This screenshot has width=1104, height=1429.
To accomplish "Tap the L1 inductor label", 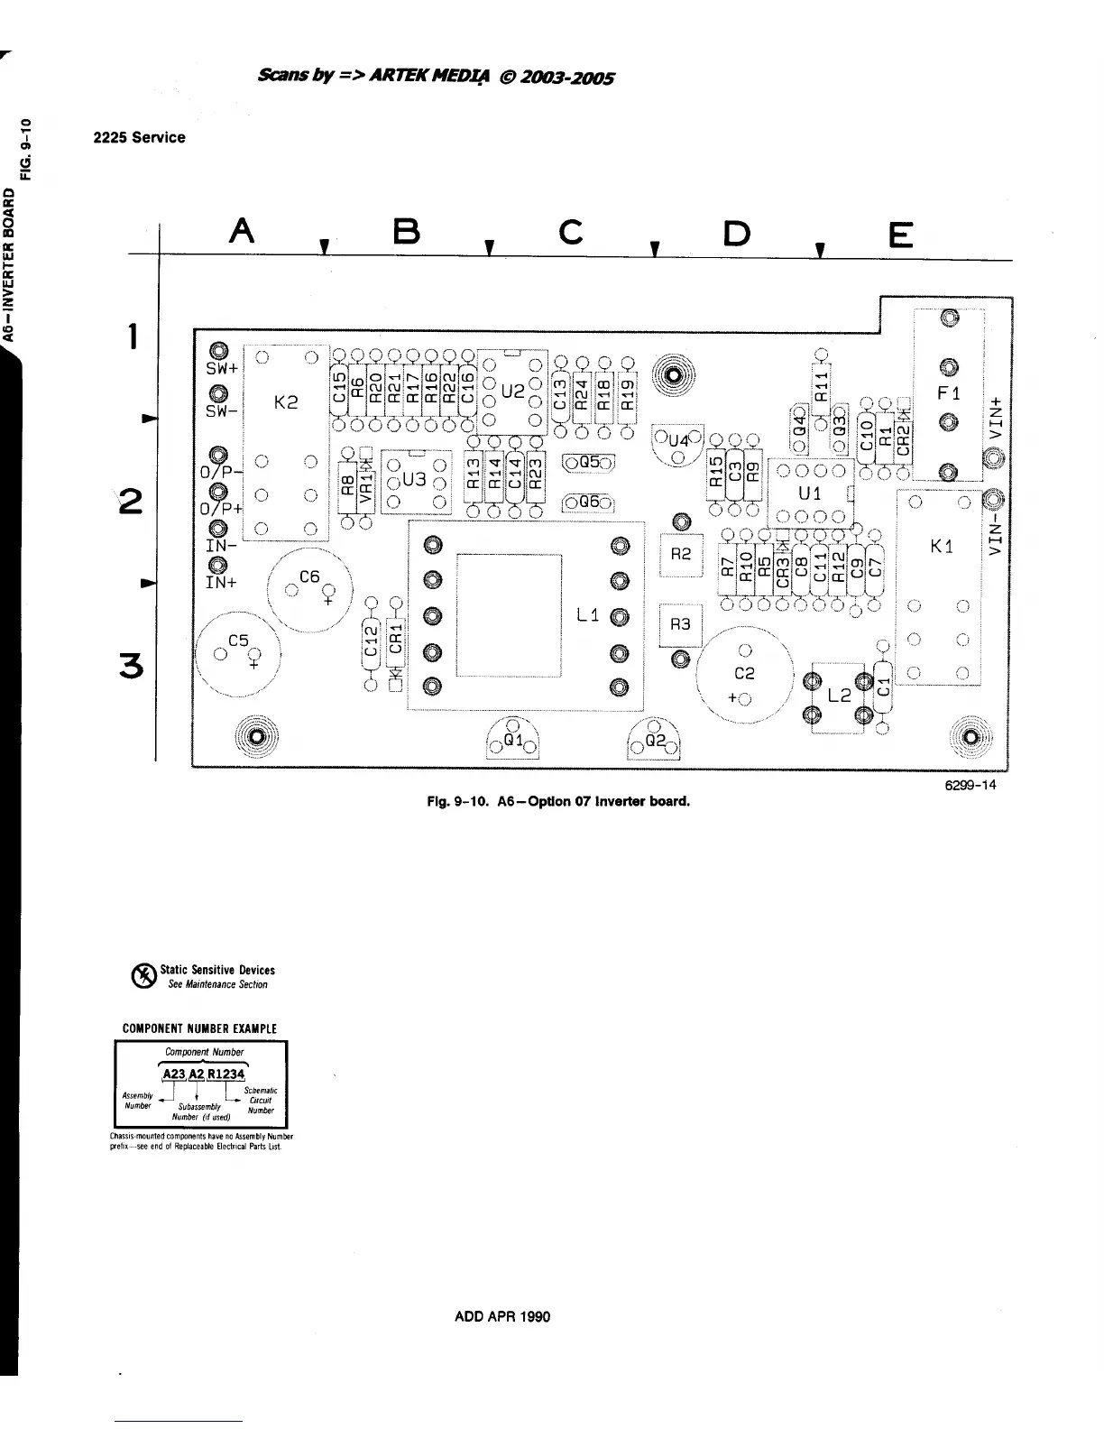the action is pos(587,615).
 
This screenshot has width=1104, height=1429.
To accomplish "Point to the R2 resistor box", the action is pos(681,554).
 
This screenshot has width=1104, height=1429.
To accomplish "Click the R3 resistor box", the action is pos(680,624).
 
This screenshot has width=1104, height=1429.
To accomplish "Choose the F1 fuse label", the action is pos(949,393).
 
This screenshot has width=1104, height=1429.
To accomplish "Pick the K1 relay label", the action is pos(942,547).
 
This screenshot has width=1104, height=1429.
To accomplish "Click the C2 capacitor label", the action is pos(744,673).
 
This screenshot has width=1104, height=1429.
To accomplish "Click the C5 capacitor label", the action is pos(238,641).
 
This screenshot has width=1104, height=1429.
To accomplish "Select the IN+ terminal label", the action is pos(221,583).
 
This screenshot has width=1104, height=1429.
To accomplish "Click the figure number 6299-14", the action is pos(970,785).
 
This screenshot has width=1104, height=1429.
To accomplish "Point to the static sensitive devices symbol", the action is pos(143,976).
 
